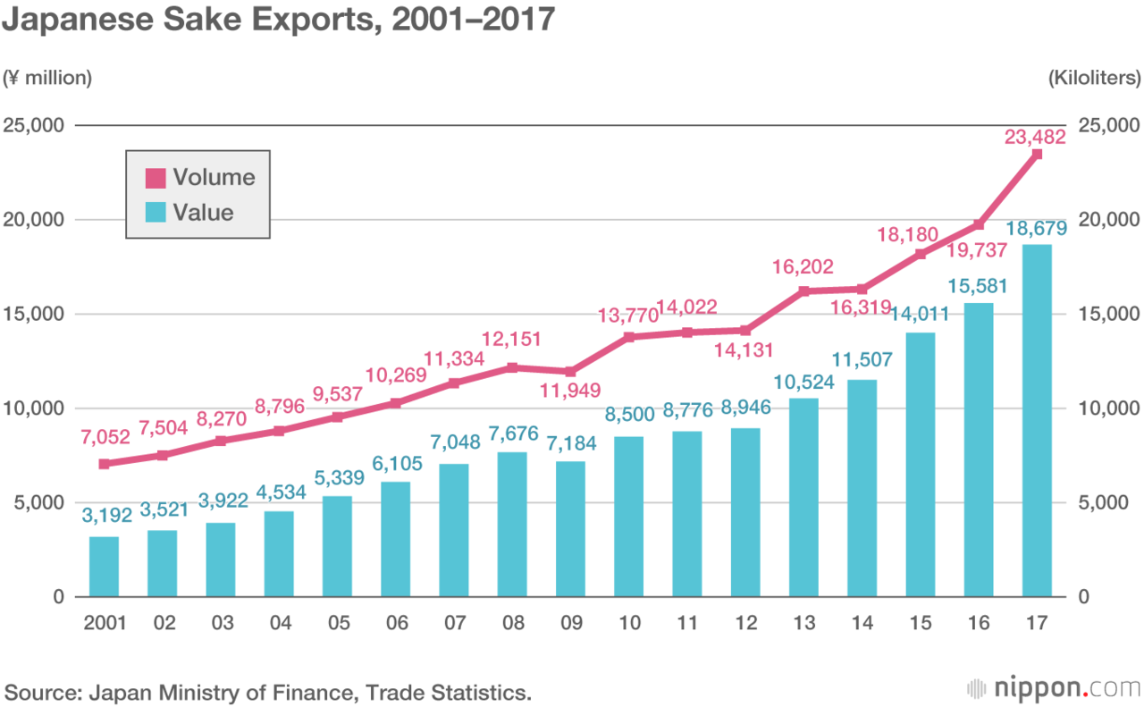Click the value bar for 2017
(1037, 420)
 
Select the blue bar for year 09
(570, 529)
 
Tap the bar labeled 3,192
(104, 567)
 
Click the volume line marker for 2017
(1037, 155)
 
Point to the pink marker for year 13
(803, 290)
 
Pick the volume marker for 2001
(104, 464)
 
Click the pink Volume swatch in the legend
(156, 178)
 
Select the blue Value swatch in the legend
(156, 213)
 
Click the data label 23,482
(1036, 137)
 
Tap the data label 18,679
(1036, 229)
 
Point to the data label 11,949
(570, 390)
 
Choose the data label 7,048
(453, 441)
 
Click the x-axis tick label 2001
(104, 622)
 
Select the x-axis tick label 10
(628, 622)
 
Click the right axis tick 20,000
(1108, 220)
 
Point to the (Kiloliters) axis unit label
(1094, 79)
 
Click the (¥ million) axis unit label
(49, 79)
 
